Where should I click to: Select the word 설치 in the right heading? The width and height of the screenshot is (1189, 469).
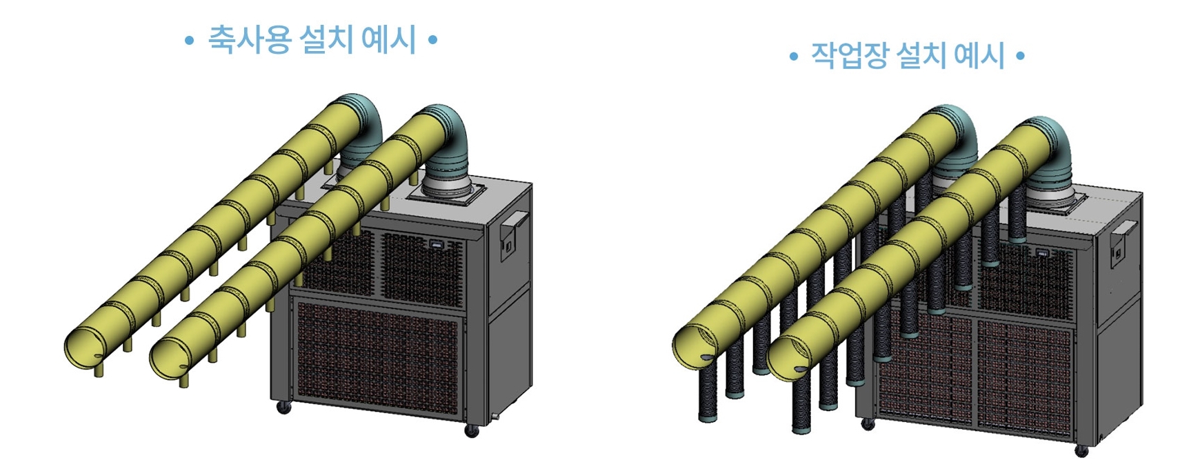coord(921,55)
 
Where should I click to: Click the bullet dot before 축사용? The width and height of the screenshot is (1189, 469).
coord(189,41)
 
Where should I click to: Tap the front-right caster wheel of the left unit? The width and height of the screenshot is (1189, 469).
coord(472,431)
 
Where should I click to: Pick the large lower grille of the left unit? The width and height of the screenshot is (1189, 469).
coord(376,359)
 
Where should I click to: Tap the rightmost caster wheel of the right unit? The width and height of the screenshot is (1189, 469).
coord(1081,451)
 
